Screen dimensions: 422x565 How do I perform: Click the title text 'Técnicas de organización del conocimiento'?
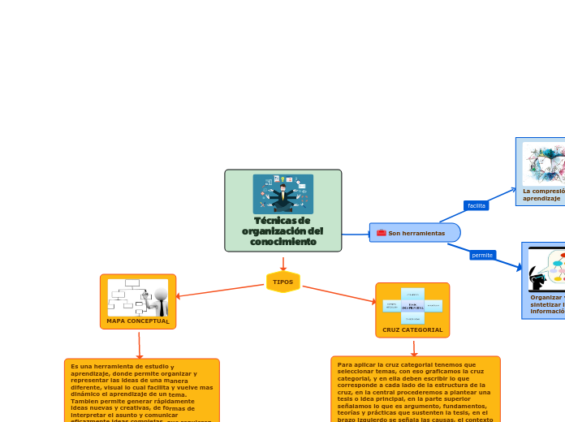click(282, 231)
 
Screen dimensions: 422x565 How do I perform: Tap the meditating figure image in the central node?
click(282, 194)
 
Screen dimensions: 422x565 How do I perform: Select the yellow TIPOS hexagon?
click(283, 282)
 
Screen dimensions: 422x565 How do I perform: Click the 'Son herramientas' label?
click(416, 234)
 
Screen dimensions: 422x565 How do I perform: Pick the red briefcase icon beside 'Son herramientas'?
click(381, 233)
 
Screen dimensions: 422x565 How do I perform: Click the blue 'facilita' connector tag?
click(477, 205)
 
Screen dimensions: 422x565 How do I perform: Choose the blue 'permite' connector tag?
click(482, 255)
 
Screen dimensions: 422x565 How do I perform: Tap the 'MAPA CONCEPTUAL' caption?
click(138, 321)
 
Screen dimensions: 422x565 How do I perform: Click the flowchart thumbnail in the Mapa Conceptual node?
click(137, 297)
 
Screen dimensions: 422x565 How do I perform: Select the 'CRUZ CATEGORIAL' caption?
click(412, 330)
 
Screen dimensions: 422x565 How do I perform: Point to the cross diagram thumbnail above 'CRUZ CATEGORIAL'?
click(412, 305)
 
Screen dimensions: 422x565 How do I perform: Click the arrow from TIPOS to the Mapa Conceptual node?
click(219, 290)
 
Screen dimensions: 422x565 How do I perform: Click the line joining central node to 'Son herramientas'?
click(356, 235)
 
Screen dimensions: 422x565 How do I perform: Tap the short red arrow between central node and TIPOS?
click(283, 263)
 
